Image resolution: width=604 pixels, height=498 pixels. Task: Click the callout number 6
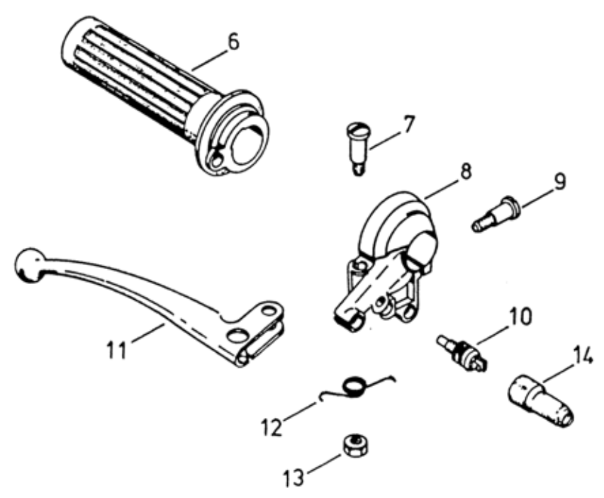pos(233,42)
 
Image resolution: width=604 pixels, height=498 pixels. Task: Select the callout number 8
pos(465,171)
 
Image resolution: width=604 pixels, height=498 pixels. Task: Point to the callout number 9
pos(559,181)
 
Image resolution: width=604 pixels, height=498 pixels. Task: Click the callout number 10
pos(520,317)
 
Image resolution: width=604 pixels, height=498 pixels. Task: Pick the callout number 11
pos(116,350)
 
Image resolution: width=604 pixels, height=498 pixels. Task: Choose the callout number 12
pos(272,426)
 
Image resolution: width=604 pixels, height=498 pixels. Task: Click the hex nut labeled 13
pos(354,446)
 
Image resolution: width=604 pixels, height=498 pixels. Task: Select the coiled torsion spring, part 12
pos(357,387)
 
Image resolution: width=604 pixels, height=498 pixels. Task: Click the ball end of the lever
pos(30,266)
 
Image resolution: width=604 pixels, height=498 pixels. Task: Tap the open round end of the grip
pos(250,144)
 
